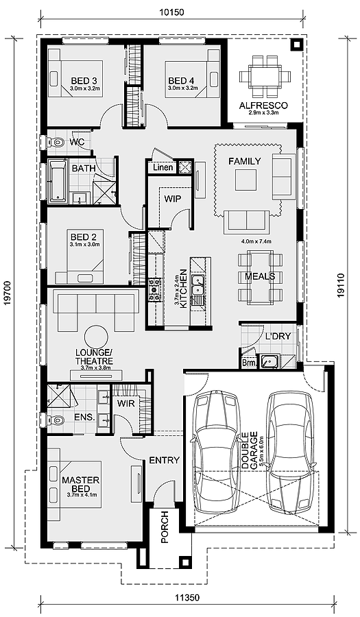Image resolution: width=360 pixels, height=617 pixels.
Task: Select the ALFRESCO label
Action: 263,106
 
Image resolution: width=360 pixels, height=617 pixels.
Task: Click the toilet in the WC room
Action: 56,142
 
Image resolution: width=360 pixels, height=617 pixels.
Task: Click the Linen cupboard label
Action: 163,167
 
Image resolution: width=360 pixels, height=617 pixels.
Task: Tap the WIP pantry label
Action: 173,199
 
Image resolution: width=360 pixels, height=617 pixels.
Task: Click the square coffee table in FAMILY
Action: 246,180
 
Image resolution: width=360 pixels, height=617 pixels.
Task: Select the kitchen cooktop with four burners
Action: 154,289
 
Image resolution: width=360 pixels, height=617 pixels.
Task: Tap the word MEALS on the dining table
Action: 260,276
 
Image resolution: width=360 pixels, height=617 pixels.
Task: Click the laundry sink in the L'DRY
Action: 269,361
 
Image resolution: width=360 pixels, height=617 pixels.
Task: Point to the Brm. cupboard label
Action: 249,363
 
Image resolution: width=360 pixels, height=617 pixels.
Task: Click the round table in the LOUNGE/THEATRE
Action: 97,337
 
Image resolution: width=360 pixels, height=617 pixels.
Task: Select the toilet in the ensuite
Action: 55,420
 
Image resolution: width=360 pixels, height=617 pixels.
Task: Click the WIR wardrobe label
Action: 126,403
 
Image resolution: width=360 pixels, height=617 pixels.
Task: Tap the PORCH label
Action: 165,527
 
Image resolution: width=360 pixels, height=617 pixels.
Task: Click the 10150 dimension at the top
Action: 171,12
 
